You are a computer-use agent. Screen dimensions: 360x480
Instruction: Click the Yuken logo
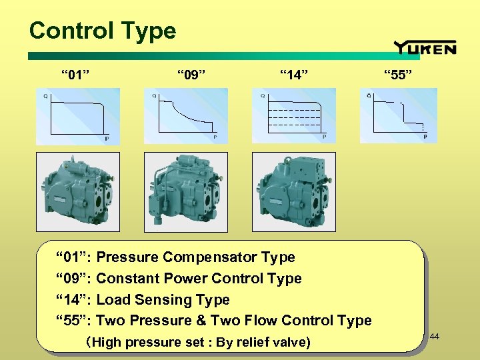coord(425,47)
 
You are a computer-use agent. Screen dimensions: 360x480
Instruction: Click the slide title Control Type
coord(103,31)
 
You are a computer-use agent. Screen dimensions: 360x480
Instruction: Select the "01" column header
coord(76,73)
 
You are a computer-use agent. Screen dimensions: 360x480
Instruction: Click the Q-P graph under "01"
coord(78,116)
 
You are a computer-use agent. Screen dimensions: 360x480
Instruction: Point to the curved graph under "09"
coord(186,116)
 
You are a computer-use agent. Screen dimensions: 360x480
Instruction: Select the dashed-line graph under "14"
coord(294,116)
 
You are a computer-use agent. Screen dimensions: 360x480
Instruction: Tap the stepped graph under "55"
coord(399,116)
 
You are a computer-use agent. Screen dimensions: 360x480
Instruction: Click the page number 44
coord(435,337)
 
